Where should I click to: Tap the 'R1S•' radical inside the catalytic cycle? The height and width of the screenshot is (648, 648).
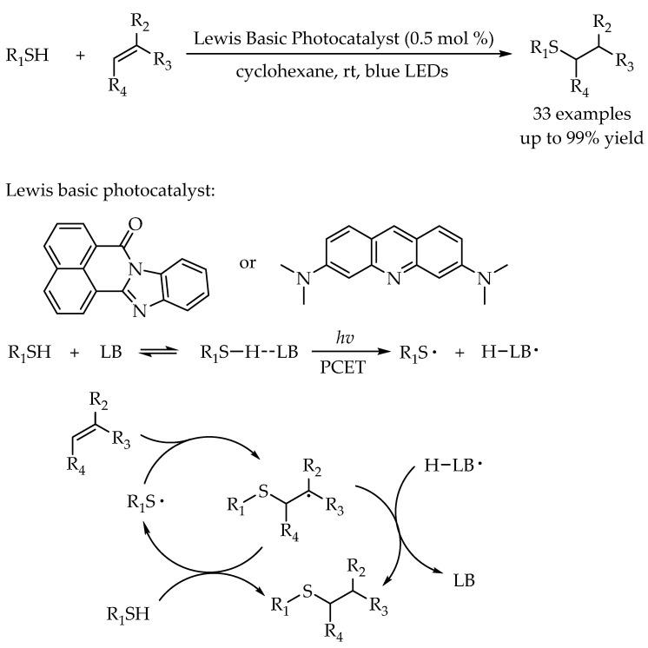click(145, 502)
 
